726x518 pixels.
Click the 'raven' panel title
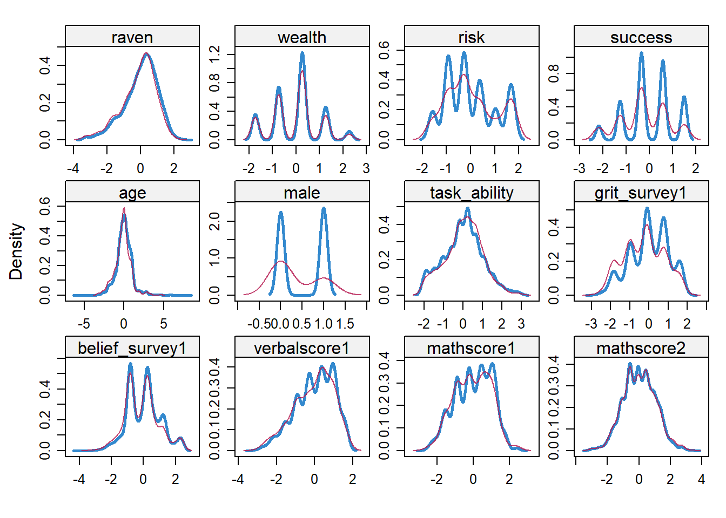(132, 37)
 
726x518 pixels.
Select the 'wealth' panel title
(302, 37)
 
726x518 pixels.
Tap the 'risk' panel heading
(472, 37)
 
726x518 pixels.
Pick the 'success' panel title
(641, 37)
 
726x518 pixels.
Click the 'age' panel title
(132, 193)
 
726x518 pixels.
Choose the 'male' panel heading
(302, 193)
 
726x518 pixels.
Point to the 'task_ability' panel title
(472, 193)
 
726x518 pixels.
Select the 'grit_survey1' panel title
(641, 193)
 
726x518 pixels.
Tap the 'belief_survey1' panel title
(132, 348)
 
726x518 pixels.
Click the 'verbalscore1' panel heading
(302, 348)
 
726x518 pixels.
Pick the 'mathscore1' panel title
(472, 348)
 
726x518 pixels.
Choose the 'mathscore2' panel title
(641, 348)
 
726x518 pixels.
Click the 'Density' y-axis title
(16, 251)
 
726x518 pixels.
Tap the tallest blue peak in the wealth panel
(302, 53)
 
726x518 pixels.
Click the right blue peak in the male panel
(324, 209)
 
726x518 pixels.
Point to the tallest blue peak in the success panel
(641, 53)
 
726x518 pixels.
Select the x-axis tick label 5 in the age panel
(164, 324)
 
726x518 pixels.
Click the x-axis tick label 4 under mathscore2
(702, 479)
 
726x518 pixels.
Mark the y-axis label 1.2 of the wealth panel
(214, 54)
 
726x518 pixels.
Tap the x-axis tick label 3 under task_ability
(521, 324)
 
